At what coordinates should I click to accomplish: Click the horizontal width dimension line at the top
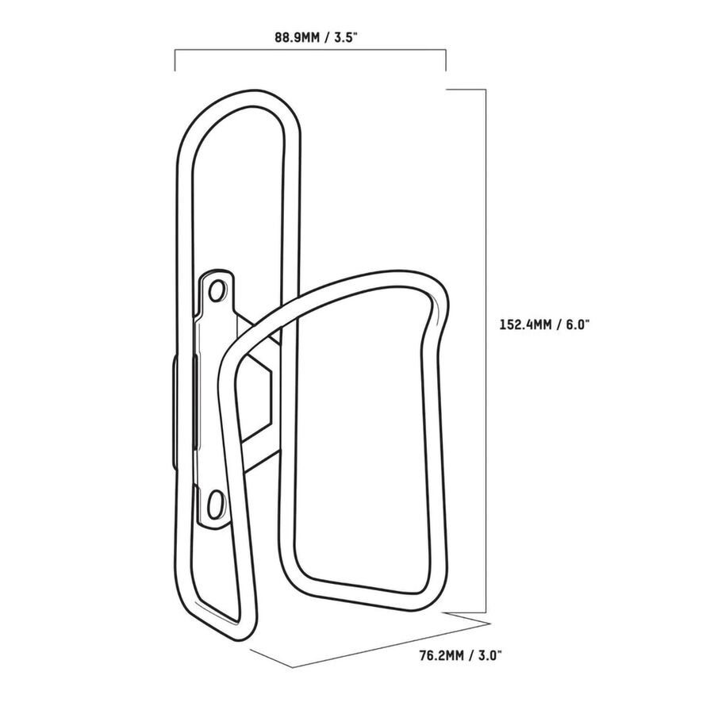tap(309, 51)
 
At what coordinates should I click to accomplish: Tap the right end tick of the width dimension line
tap(445, 61)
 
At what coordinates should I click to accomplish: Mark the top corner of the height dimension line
tap(483, 90)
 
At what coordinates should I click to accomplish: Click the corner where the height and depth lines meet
tap(485, 616)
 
